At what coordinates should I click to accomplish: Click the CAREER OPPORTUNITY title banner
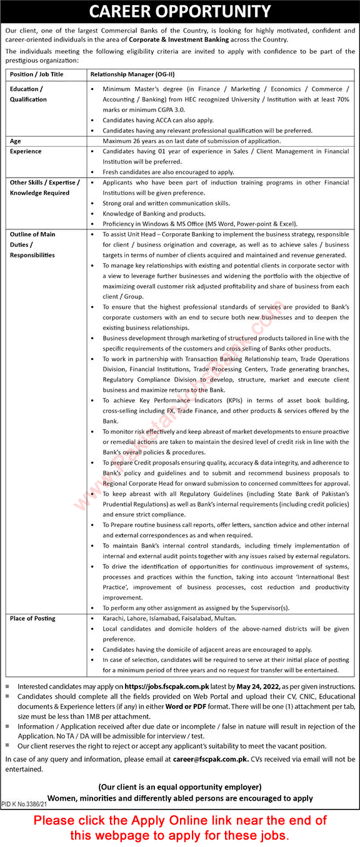click(180, 12)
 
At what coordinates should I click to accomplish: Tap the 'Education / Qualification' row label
click(28, 94)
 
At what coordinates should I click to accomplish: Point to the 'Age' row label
click(16, 141)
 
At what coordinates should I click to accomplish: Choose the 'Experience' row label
click(26, 151)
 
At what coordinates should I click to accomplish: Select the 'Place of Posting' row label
click(32, 618)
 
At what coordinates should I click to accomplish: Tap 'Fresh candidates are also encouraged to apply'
click(169, 171)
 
